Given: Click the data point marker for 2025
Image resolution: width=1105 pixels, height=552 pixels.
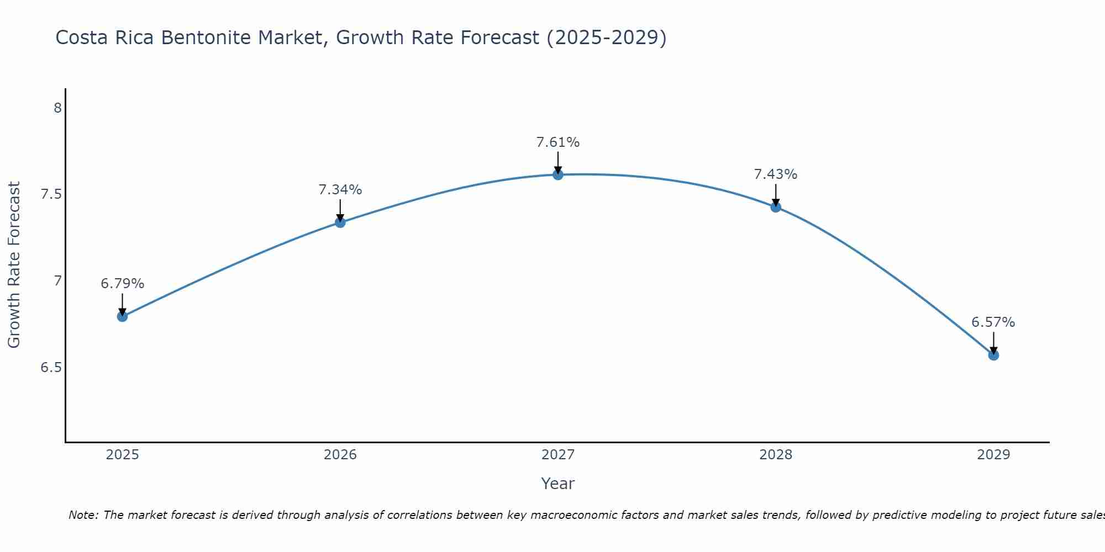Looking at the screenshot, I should [122, 316].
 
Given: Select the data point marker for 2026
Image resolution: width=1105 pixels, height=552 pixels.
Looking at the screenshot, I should [340, 222].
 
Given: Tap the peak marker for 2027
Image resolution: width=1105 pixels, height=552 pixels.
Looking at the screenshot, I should [558, 175].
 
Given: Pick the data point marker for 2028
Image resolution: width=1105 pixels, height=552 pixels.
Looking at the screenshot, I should [776, 207].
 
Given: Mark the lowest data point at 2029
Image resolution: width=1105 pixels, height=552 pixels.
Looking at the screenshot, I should [993, 355].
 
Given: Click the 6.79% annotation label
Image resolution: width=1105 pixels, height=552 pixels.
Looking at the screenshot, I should [122, 284].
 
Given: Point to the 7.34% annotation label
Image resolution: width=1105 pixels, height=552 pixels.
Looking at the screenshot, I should [340, 190].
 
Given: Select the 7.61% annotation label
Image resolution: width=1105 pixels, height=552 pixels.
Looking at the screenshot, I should [558, 142].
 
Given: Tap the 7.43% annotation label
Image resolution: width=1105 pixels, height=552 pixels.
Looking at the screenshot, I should [776, 174].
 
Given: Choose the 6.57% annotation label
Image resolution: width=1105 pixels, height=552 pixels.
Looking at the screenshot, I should [993, 322].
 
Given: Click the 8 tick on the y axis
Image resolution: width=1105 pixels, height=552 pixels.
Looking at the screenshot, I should [57, 108].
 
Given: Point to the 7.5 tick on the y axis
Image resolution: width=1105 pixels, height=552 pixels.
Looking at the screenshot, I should [51, 195].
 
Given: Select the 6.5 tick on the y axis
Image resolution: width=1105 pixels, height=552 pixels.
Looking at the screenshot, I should [51, 368].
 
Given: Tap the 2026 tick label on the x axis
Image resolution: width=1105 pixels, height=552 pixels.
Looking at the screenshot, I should [340, 455].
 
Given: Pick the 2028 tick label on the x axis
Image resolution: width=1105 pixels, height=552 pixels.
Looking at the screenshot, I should [776, 455].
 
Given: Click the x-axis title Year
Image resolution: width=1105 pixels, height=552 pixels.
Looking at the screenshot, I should [558, 484].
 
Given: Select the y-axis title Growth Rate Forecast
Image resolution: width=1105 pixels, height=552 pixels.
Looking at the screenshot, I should [14, 265].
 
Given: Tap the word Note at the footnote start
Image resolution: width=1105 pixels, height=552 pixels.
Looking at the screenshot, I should [83, 515].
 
